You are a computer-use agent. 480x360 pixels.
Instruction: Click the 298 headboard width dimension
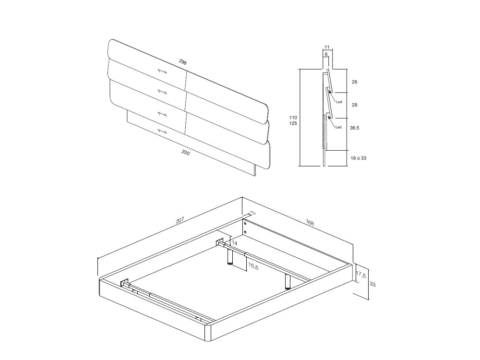(x=182, y=62)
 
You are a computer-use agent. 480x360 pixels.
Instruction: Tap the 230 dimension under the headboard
(x=186, y=154)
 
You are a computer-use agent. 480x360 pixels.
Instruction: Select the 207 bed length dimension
(x=180, y=221)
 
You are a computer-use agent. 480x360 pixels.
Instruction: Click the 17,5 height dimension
(x=361, y=275)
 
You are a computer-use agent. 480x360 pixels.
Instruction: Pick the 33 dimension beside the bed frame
(x=372, y=284)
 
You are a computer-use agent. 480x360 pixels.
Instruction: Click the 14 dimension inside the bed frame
(x=234, y=243)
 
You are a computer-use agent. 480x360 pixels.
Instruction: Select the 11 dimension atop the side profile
(x=327, y=47)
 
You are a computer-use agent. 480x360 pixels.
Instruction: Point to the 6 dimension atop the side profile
(x=326, y=55)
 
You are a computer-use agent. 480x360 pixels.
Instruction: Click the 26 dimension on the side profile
(x=354, y=82)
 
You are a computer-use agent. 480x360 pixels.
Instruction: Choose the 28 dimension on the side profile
(x=354, y=105)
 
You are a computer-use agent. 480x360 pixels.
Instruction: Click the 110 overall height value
(x=293, y=118)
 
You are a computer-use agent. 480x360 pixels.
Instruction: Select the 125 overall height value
(x=293, y=124)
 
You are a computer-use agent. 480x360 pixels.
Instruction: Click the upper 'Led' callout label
(x=338, y=102)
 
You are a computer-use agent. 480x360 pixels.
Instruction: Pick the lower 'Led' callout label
(x=338, y=127)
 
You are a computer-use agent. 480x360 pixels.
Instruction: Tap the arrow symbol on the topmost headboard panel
(x=162, y=71)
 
